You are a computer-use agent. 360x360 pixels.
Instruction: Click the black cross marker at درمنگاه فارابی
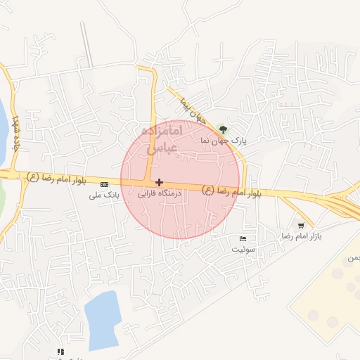point(160,182)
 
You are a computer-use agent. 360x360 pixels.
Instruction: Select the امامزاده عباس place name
point(162,140)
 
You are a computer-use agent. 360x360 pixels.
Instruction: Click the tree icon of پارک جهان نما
point(223,129)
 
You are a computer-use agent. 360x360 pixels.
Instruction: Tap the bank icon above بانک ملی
point(105,184)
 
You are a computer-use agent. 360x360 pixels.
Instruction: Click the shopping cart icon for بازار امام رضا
point(301,226)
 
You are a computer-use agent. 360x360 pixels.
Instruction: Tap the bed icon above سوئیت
point(243,238)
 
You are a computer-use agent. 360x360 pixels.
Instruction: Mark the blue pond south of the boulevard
point(103,320)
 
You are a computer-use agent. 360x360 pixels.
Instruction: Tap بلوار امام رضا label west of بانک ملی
point(56,176)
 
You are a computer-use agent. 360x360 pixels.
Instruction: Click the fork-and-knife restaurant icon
point(60,351)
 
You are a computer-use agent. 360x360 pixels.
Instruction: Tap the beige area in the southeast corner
point(330,302)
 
